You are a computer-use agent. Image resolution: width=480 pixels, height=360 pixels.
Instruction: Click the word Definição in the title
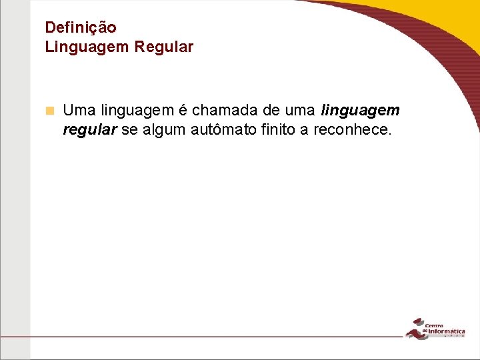click(80, 28)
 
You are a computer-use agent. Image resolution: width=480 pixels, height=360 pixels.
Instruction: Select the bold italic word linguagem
click(360, 110)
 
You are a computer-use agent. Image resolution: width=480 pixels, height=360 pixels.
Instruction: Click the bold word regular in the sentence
click(90, 129)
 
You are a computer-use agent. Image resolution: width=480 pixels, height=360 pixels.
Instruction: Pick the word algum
click(165, 129)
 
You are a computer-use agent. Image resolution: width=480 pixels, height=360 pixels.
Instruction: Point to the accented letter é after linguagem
click(182, 110)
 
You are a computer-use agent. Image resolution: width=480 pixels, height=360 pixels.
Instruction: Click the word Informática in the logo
click(446, 330)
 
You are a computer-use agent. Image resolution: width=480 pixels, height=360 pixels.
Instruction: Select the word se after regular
click(129, 129)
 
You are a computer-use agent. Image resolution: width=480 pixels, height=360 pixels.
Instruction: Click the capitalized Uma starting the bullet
click(79, 110)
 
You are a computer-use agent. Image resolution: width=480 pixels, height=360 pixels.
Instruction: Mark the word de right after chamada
click(267, 110)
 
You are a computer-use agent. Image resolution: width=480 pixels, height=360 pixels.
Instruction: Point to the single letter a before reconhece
click(304, 129)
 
